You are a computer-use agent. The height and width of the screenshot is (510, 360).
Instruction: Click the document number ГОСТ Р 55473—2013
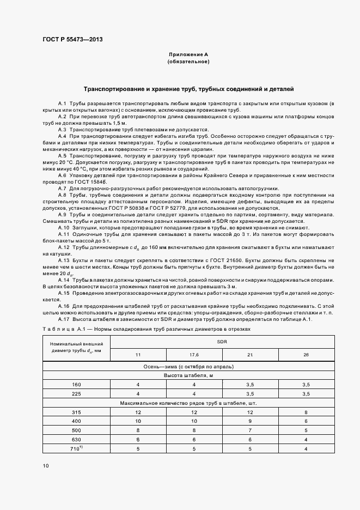click(x=72, y=40)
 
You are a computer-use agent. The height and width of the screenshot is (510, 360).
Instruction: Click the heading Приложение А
click(x=188, y=55)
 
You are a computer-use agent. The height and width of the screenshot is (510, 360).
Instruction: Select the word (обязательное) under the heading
click(x=188, y=62)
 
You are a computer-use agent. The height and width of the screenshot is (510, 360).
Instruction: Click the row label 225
click(x=76, y=393)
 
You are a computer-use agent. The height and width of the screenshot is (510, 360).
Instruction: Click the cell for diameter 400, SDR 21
click(x=250, y=421)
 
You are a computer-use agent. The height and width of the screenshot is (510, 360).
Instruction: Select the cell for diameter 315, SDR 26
click(x=306, y=412)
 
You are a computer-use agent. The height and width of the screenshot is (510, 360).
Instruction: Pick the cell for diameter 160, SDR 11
click(x=138, y=384)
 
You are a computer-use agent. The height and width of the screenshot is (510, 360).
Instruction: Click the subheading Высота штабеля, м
click(x=188, y=375)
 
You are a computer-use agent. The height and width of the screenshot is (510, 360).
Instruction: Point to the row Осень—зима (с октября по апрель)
click(x=188, y=366)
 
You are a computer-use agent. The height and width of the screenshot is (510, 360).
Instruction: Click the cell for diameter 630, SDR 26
click(x=306, y=439)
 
